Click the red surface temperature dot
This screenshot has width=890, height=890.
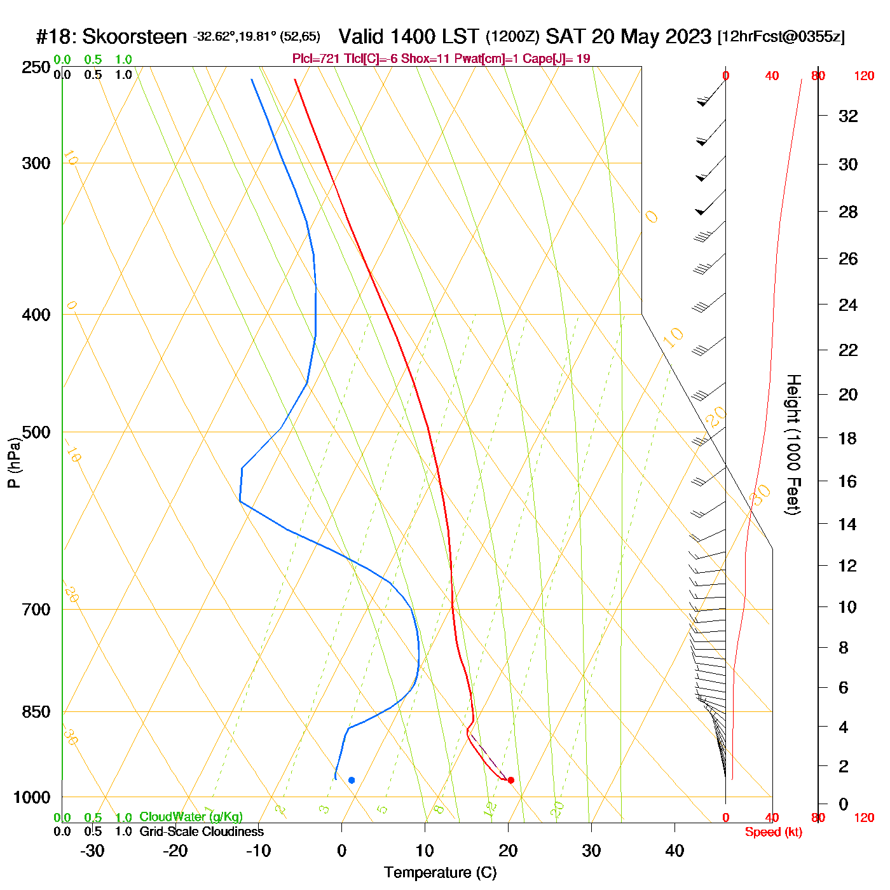point(510,780)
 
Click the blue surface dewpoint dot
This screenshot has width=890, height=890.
point(352,780)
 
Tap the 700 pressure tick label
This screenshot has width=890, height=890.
point(36,610)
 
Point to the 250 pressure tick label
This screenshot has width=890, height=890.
point(36,67)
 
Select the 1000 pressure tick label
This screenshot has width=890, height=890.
point(32,797)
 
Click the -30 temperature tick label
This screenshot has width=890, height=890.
point(92,851)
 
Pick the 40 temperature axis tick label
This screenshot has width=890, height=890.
point(674,851)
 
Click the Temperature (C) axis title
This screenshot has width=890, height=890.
point(440,873)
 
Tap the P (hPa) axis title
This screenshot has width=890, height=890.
point(15,462)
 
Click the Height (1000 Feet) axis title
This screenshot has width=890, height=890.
point(793,444)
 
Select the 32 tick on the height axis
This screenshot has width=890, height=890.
point(848,116)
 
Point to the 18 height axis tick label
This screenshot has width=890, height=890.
point(848,438)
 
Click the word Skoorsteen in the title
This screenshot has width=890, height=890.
point(134,36)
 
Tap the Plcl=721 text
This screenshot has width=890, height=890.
point(316,59)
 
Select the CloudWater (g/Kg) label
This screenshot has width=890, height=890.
point(191,817)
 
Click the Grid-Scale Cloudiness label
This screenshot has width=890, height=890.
point(202,832)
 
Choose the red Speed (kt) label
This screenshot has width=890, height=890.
point(774,832)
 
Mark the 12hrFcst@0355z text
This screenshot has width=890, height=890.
point(781,37)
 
